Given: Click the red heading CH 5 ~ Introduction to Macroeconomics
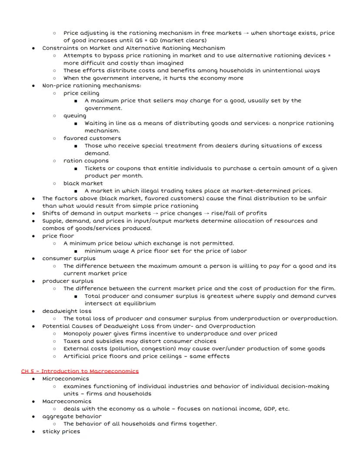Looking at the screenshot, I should (x=80, y=371).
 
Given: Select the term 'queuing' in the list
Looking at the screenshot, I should (x=75, y=116).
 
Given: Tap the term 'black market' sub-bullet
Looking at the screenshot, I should (x=83, y=183).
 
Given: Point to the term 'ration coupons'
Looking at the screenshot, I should (x=86, y=161).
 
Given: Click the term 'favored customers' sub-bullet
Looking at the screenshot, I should (x=92, y=138).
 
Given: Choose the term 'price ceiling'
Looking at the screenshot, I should (x=81, y=93).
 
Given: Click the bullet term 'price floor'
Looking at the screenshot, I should (x=58, y=236).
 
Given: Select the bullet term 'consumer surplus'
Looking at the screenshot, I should (x=69, y=258).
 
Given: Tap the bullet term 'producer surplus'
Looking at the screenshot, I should (x=68, y=281).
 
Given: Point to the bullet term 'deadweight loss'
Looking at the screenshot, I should (x=67, y=311).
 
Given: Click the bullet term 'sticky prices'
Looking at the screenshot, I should (x=61, y=431).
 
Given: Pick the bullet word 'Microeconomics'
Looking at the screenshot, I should (x=66, y=379).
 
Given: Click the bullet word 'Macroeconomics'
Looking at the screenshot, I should (x=67, y=401).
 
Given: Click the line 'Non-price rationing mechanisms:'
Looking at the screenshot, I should (x=92, y=86).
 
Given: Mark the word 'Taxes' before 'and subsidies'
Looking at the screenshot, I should (x=72, y=341).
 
